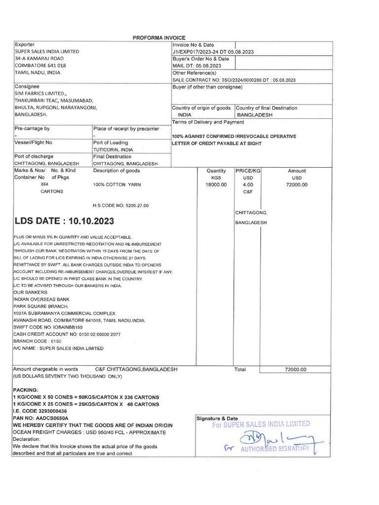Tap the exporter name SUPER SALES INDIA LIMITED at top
[46, 51]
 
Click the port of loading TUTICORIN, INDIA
[113, 149]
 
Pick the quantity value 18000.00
[216, 184]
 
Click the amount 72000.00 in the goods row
[297, 184]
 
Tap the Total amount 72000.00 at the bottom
[296, 369]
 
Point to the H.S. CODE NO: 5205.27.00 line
[120, 205]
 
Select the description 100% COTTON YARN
[116, 184]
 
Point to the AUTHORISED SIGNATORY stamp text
[274, 449]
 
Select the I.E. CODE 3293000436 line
[39, 411]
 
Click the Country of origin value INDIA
[185, 115]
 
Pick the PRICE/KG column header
[248, 171]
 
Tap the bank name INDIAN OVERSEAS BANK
[41, 299]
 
